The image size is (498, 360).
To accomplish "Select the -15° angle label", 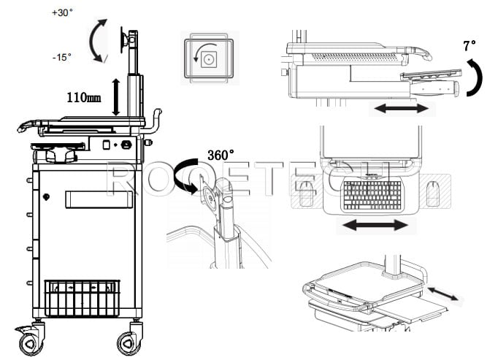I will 62,57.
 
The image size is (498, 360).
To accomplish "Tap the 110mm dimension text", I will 82,97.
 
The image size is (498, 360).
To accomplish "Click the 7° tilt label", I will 470,45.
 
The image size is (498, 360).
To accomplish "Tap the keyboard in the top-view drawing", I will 372,193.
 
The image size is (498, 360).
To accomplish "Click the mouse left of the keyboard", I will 307,194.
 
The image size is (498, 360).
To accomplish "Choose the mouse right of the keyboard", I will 435,194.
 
